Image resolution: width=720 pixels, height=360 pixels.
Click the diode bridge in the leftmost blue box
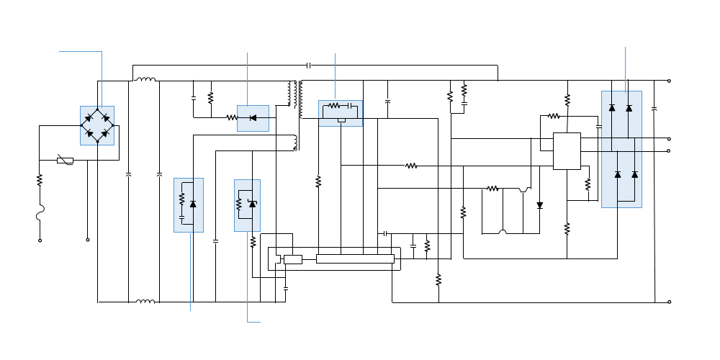coord(96,125)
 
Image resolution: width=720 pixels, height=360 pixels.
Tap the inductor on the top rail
coord(146,80)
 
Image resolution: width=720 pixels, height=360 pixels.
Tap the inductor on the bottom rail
coord(145,302)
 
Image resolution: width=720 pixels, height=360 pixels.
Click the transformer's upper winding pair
coord(296,94)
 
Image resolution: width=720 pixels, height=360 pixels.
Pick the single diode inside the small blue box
coord(253,117)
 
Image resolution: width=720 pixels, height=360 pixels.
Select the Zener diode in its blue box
coord(252,204)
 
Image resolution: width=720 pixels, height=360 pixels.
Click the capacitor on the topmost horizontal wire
coord(308,66)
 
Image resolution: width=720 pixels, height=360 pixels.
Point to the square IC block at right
coord(567,151)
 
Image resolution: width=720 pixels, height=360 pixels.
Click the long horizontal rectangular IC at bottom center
coord(355,258)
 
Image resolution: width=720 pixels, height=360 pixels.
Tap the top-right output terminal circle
coord(670,81)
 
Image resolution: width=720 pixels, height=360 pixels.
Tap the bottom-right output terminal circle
coord(670,302)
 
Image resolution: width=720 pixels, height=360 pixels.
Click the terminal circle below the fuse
coord(40,240)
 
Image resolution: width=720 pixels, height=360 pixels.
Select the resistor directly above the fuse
coord(40,180)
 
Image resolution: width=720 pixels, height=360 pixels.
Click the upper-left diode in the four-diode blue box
coord(612,108)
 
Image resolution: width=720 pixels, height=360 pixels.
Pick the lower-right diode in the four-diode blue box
coord(634,174)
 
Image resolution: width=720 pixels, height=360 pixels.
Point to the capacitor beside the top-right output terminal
coord(654,109)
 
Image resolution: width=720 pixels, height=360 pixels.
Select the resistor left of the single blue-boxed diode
coord(232,117)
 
